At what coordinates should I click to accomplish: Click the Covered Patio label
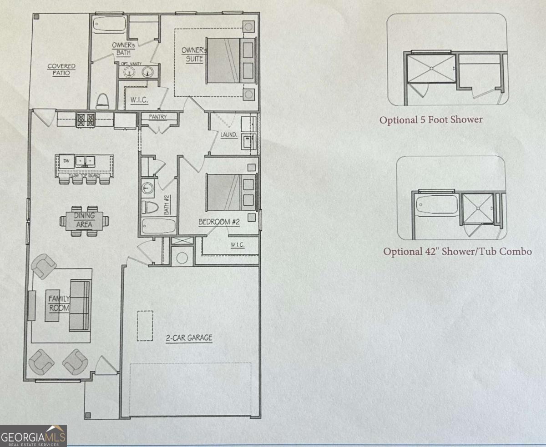pyautogui.click(x=61, y=70)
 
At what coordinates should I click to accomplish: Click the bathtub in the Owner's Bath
pyautogui.click(x=109, y=24)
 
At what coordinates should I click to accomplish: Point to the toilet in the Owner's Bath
pyautogui.click(x=102, y=101)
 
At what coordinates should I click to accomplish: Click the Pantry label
pyautogui.click(x=158, y=117)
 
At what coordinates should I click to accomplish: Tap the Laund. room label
pyautogui.click(x=228, y=135)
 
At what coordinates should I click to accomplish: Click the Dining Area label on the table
pyautogui.click(x=84, y=220)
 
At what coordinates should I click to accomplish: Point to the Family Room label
pyautogui.click(x=59, y=303)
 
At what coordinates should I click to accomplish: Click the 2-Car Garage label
pyautogui.click(x=189, y=338)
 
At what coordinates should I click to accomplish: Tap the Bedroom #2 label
pyautogui.click(x=219, y=222)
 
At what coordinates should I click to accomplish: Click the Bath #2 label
pyautogui.click(x=167, y=205)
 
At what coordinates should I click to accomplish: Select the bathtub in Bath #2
pyautogui.click(x=158, y=226)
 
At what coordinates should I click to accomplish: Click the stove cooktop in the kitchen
pyautogui.click(x=85, y=119)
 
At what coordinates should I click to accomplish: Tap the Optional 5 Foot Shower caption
pyautogui.click(x=431, y=120)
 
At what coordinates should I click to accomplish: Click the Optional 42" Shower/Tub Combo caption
pyautogui.click(x=457, y=251)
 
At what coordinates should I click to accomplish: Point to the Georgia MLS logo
pyautogui.click(x=34, y=436)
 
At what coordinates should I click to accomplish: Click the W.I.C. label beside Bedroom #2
pyautogui.click(x=238, y=245)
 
